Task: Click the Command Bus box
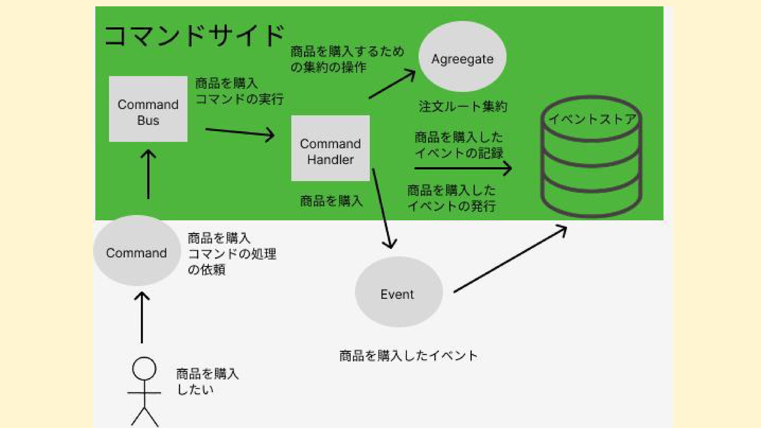click(148, 109)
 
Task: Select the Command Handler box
click(330, 148)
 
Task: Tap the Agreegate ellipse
click(462, 57)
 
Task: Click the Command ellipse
click(137, 251)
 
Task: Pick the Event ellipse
click(398, 292)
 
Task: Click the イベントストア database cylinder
click(591, 159)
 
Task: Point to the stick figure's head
click(144, 369)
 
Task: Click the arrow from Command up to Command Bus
click(148, 174)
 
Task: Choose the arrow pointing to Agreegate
click(392, 84)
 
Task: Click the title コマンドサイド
click(194, 36)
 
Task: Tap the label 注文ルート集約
click(463, 107)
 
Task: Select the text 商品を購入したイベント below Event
click(408, 355)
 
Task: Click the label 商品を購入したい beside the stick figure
click(207, 381)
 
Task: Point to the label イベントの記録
click(459, 153)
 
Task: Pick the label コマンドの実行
click(239, 99)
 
